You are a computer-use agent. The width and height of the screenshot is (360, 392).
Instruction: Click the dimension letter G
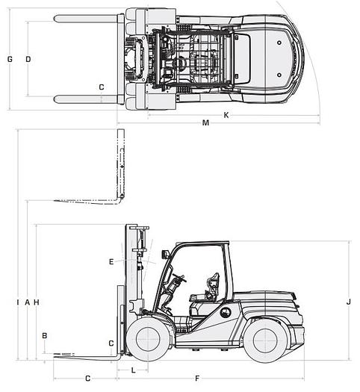coord(10,59)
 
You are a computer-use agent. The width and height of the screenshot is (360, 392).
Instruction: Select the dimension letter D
coord(28,59)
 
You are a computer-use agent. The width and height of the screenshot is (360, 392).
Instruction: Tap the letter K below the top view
coord(226,115)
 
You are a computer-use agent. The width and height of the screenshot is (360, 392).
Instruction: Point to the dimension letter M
coord(205,123)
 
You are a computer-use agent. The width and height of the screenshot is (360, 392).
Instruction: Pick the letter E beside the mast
coord(111,261)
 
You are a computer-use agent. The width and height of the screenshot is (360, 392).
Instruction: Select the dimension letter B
coord(45,336)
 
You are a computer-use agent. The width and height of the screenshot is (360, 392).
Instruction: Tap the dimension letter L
coord(133,370)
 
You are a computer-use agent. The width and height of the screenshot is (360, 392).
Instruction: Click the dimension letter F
coord(197,379)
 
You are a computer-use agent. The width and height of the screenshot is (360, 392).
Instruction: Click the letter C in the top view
coord(102,87)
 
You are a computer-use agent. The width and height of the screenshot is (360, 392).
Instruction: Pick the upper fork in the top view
coord(86,18)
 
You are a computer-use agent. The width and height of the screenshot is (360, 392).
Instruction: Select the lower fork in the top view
coord(86,99)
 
